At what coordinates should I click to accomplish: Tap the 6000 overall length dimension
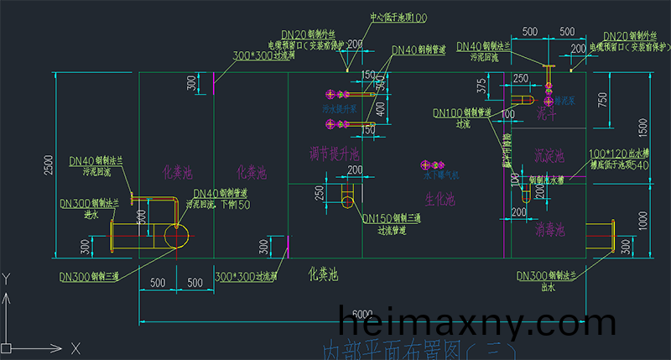pos(362,313)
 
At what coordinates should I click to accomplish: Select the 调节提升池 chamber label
pos(333,154)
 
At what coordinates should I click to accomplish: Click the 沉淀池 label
pos(549,156)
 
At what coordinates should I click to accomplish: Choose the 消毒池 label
pos(549,228)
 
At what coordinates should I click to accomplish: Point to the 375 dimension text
pos(481,86)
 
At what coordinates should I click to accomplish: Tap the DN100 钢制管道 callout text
pos(460,112)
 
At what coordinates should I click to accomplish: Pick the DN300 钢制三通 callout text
pos(89,275)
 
